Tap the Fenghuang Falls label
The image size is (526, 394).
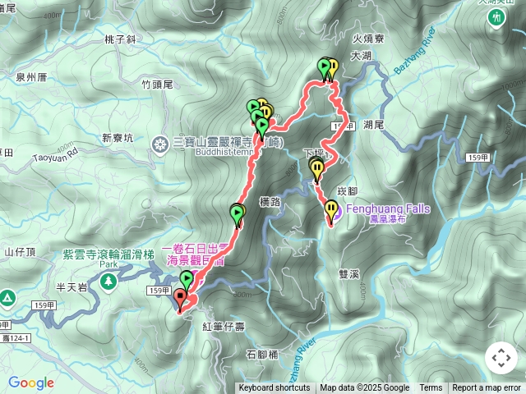388,208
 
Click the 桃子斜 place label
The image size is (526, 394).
120,39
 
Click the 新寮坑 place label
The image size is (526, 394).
117,138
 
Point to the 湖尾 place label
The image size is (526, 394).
373,124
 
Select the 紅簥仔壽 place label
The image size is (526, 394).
223,327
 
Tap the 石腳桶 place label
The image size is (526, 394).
262,355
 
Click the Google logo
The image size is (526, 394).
31,383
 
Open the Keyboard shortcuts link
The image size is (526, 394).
275,388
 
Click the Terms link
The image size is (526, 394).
431,388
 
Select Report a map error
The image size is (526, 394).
487,388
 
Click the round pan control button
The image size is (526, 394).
501,359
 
